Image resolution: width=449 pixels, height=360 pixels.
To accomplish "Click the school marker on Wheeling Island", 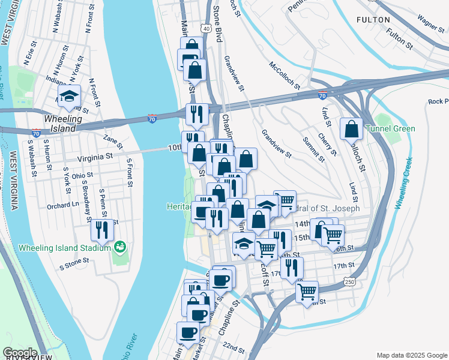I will pyautogui.click(x=70, y=97).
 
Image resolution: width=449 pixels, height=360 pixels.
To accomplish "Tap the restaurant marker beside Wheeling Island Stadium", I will pyautogui.click(x=101, y=230).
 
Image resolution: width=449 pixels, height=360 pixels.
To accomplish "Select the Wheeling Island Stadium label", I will pyautogui.click(x=65, y=247).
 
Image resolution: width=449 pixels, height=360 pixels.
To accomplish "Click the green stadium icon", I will pyautogui.click(x=120, y=247).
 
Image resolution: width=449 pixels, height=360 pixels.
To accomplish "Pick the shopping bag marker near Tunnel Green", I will pyautogui.click(x=351, y=128).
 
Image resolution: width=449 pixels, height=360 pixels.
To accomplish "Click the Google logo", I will pyautogui.click(x=20, y=352).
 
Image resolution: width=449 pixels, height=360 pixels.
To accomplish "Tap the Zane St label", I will pyautogui.click(x=112, y=142).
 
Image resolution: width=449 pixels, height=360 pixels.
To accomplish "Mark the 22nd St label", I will pyautogui.click(x=234, y=349).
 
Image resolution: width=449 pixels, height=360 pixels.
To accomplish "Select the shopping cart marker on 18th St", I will pyautogui.click(x=307, y=292).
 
